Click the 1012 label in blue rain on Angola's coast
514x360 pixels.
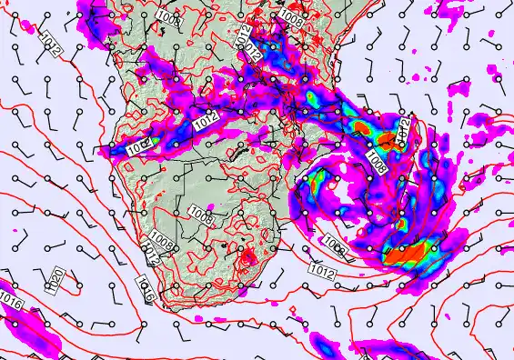point(136,145)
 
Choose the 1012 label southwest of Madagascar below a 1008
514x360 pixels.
point(321,270)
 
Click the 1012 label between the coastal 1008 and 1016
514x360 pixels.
point(151,258)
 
